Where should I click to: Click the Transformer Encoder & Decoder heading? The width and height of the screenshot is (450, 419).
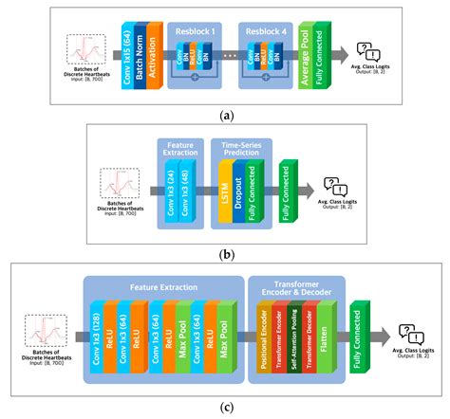[x=294, y=289]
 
